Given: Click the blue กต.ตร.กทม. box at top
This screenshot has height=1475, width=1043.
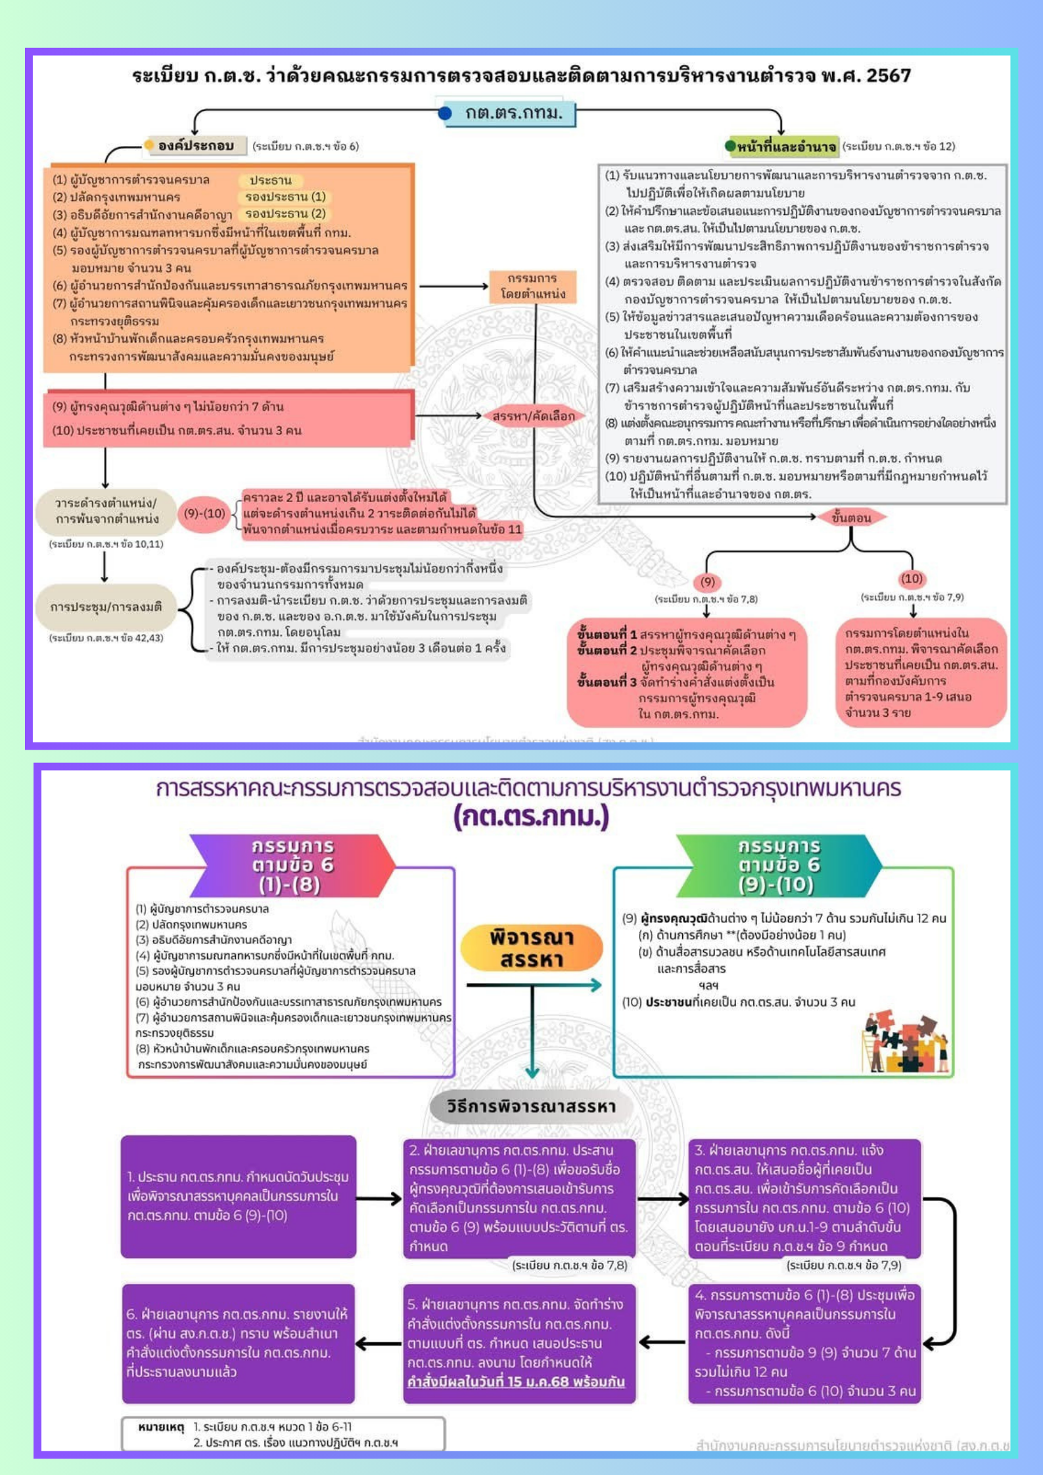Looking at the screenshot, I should click(x=511, y=113).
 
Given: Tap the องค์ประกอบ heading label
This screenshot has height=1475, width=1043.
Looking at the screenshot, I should click(x=196, y=146).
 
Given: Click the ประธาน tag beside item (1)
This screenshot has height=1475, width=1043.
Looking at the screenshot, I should click(x=270, y=180).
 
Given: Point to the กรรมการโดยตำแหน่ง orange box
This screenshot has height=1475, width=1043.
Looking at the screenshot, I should click(x=532, y=286).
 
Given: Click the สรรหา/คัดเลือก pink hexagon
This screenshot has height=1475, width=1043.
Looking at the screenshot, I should click(x=533, y=416).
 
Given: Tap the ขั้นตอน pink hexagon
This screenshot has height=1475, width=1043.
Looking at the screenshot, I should click(x=850, y=518).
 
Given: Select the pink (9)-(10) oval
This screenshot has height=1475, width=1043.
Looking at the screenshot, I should click(x=204, y=514).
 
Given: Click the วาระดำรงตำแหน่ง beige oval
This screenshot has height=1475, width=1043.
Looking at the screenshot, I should click(x=106, y=511).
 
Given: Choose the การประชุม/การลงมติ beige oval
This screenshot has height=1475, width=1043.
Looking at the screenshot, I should click(x=106, y=607).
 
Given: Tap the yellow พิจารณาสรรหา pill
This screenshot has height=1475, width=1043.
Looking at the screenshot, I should click(x=531, y=948).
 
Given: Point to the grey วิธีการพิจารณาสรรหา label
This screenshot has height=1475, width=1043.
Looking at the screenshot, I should click(x=531, y=1106).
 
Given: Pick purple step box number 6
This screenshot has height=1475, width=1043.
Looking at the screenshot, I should click(x=239, y=1343).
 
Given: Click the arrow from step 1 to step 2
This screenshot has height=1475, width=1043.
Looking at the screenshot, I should click(x=379, y=1198).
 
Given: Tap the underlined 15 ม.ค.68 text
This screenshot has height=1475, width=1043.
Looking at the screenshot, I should click(x=516, y=1381).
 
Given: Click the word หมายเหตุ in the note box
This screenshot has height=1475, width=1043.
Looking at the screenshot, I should click(x=160, y=1426).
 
